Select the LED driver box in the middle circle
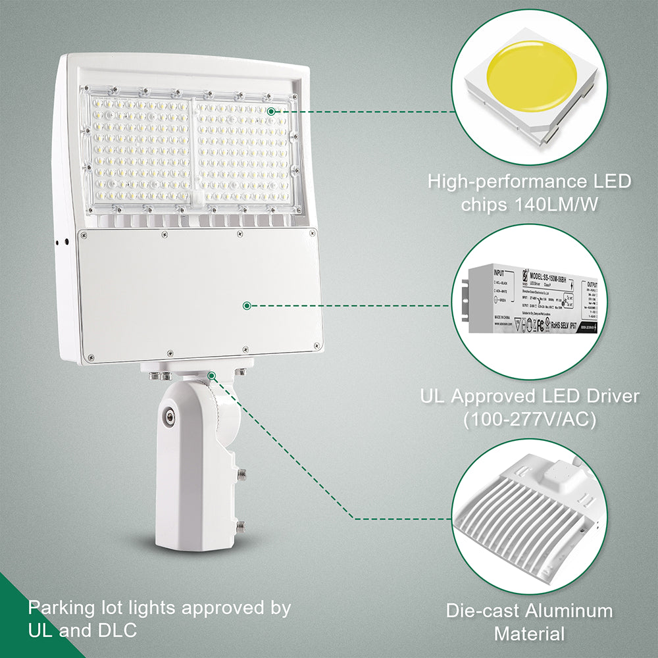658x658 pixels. (x=530, y=300)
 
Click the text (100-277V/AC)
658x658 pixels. (x=530, y=418)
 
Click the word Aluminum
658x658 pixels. (x=569, y=611)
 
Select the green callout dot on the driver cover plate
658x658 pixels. (x=247, y=305)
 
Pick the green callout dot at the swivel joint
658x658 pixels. (x=212, y=375)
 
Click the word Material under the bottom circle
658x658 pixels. (x=530, y=634)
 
